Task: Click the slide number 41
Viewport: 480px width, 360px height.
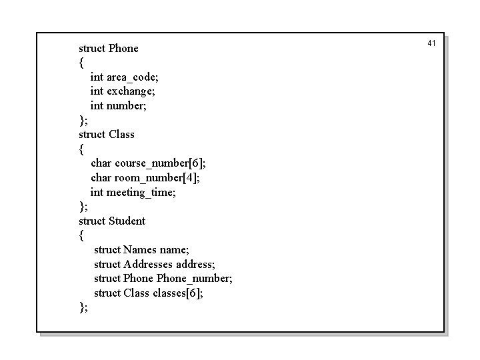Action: [x=431, y=43]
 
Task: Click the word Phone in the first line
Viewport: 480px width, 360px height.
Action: [x=123, y=48]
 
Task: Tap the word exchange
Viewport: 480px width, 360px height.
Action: [x=131, y=91]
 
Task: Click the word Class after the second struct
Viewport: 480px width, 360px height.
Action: [x=121, y=134]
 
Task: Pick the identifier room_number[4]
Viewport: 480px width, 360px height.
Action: [x=157, y=177]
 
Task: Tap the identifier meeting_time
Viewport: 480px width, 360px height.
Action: [x=139, y=192]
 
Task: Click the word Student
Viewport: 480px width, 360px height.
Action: [x=127, y=221]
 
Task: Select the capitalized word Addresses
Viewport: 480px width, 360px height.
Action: [x=148, y=264]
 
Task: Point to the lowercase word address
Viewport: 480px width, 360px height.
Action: [x=195, y=264]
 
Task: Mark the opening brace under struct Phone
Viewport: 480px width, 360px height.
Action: [x=81, y=63]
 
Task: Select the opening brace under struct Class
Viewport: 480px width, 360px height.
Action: [x=81, y=149]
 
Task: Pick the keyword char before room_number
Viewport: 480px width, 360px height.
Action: [x=101, y=177]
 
